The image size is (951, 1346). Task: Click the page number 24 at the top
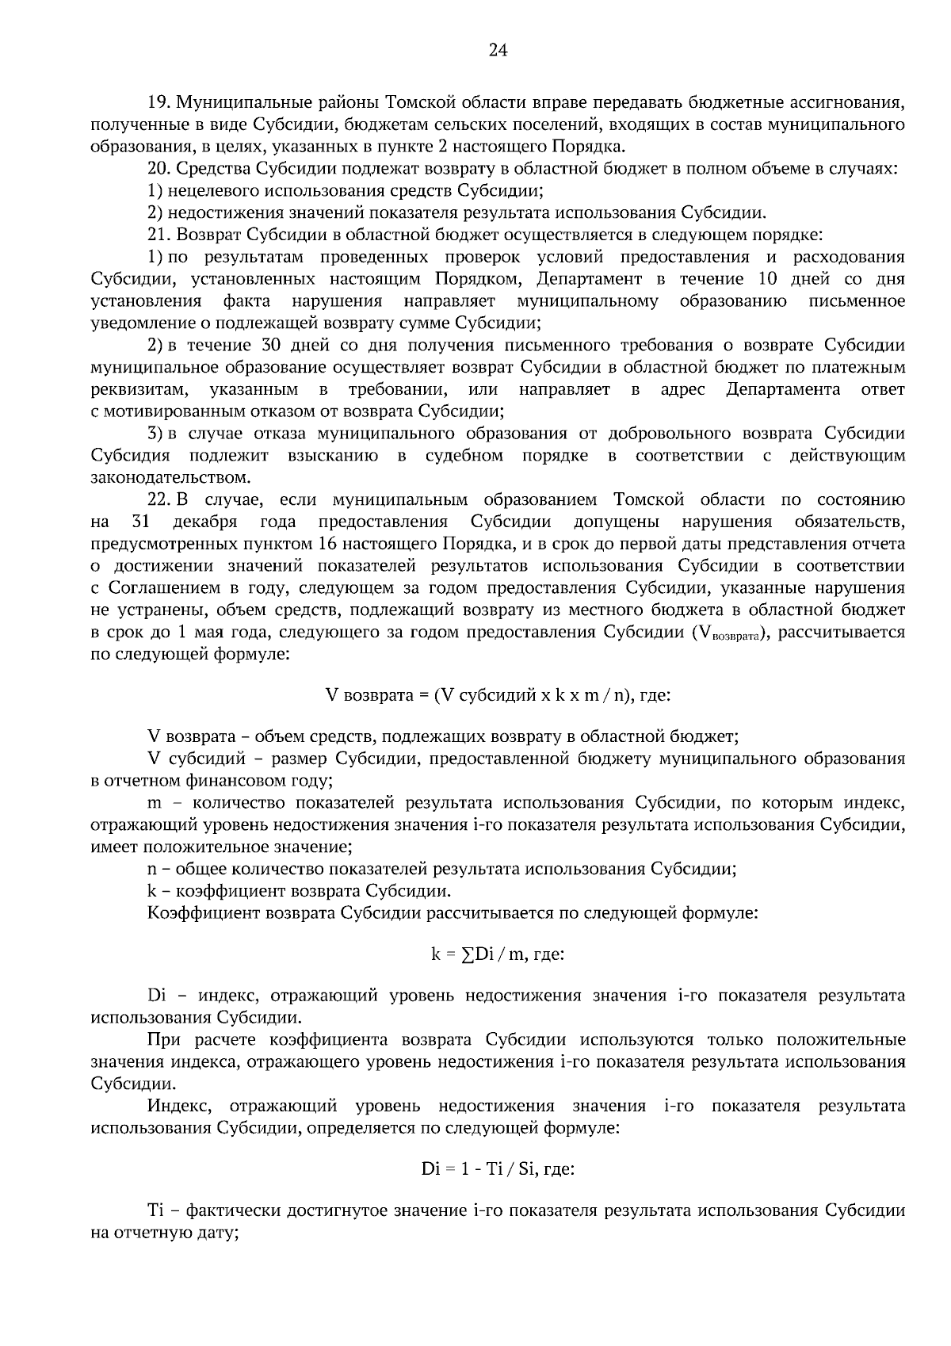click(498, 51)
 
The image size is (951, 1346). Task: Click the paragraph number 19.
click(159, 102)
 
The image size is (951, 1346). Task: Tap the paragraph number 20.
click(159, 168)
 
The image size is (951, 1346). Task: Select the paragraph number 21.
click(159, 235)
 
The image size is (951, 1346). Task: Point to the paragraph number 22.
click(159, 499)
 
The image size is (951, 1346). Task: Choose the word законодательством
click(170, 478)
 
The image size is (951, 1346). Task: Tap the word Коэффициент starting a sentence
click(193, 912)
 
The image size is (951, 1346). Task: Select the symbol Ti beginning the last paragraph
click(155, 1212)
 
